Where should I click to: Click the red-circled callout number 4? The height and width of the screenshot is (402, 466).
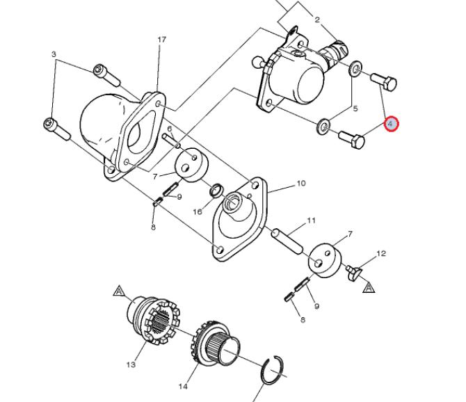pos(390,124)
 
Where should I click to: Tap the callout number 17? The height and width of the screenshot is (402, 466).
pos(161,40)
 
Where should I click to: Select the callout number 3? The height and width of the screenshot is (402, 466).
pos(54,54)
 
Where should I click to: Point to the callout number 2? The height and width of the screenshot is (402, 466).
pos(317,20)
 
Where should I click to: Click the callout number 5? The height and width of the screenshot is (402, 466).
pos(355,108)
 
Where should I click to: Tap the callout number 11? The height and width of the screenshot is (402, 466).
pos(311,220)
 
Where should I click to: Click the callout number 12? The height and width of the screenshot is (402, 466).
pos(381,253)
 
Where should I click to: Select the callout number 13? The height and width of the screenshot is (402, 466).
pos(131,364)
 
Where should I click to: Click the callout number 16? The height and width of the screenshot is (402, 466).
pos(198,211)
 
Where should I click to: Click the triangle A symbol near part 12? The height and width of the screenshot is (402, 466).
pos(369,288)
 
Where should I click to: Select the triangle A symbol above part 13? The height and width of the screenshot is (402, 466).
pos(119,291)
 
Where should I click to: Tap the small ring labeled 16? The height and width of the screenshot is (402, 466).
pos(216,191)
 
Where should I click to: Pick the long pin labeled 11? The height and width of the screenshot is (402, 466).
pos(287,241)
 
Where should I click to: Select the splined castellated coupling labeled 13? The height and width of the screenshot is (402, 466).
pos(154,321)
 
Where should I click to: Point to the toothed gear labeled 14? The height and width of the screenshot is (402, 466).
pos(215,344)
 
